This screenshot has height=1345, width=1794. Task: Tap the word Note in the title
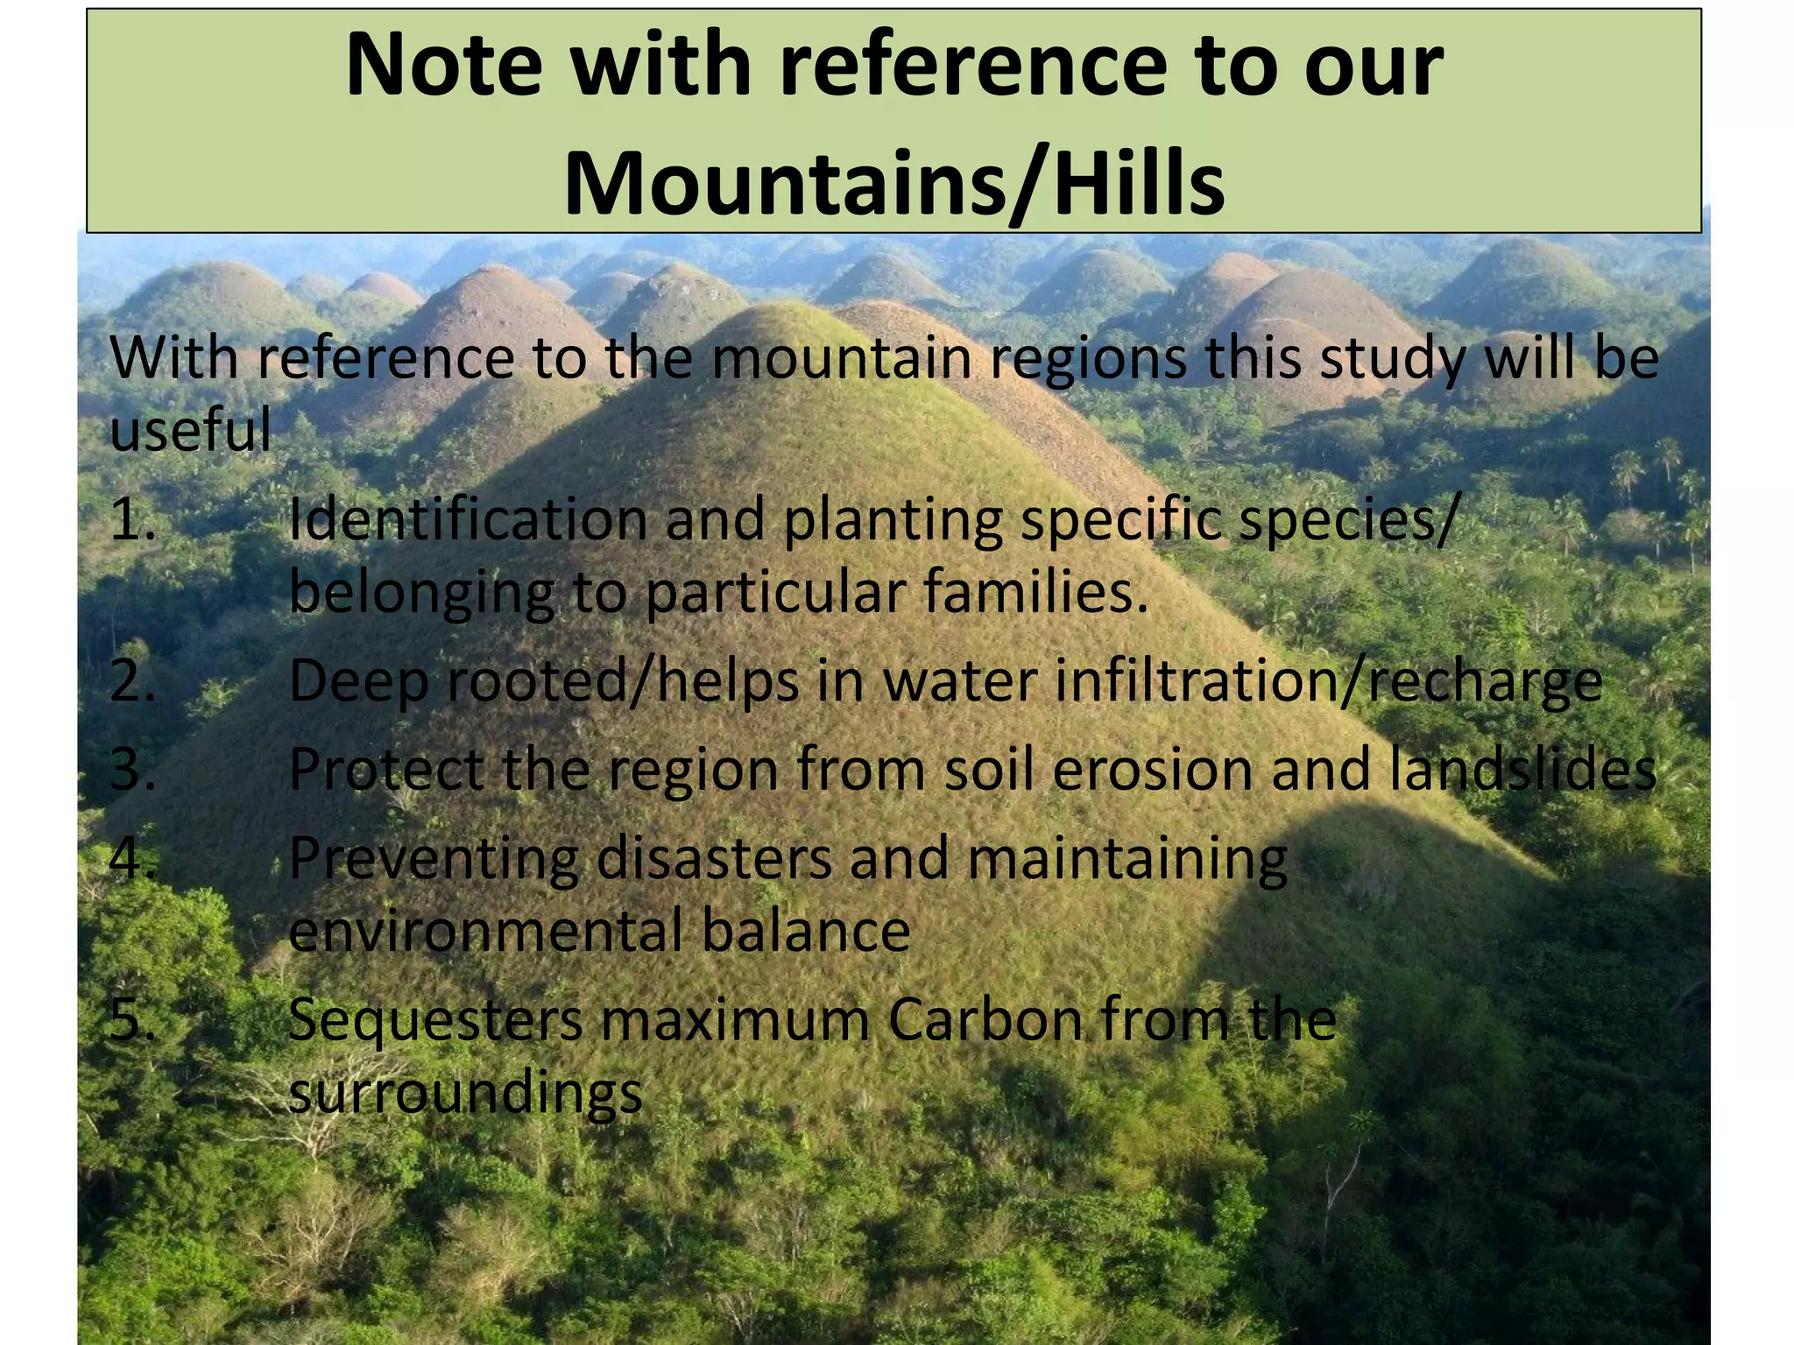point(444,66)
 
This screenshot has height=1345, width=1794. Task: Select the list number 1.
point(132,520)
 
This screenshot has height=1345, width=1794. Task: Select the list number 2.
point(132,681)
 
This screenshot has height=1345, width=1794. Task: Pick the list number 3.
point(132,771)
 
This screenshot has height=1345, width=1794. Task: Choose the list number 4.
point(132,859)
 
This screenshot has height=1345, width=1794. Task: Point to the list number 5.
point(132,1020)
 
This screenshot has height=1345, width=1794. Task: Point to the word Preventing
point(434,859)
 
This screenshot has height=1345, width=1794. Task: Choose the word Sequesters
point(435,1020)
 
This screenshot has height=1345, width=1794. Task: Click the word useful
point(190,431)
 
